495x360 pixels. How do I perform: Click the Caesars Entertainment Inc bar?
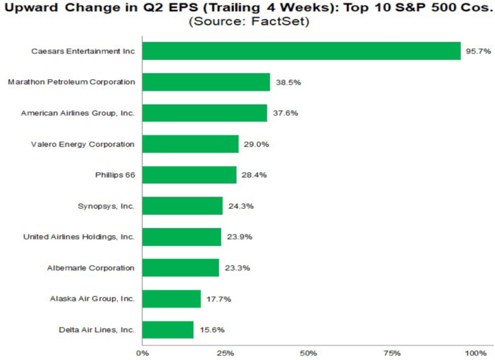click(302, 51)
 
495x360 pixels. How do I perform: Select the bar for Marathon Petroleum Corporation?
click(206, 82)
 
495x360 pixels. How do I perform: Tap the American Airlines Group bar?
click(205, 113)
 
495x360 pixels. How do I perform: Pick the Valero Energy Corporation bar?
click(191, 144)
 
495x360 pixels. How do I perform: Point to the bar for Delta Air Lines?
click(168, 330)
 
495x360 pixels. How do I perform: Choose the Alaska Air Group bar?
click(171, 299)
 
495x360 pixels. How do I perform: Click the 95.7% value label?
click(478, 51)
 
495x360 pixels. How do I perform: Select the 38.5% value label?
click(288, 83)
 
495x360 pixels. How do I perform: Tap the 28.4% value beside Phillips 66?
click(254, 175)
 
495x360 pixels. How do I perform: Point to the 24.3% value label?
click(241, 206)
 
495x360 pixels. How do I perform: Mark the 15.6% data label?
click(212, 330)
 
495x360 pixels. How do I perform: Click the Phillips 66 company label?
click(115, 175)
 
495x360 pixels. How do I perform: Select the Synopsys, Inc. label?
click(106, 206)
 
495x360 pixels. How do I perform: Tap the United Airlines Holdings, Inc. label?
click(79, 237)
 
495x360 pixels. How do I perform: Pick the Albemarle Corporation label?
click(91, 268)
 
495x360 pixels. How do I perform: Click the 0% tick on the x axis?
click(143, 353)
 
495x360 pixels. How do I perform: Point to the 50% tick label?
click(308, 353)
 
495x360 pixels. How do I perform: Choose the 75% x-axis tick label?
click(392, 353)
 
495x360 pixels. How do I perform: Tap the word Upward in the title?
click(31, 7)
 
